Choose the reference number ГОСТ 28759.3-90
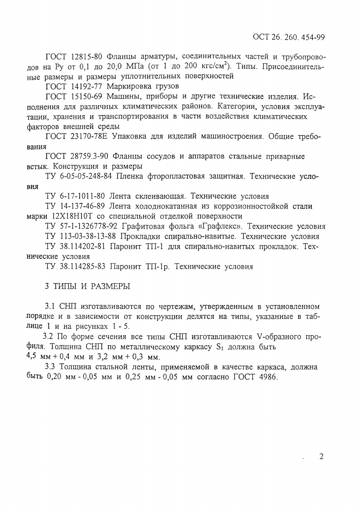point(78,156)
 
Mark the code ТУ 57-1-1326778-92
point(82,226)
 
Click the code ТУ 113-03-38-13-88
point(81,236)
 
